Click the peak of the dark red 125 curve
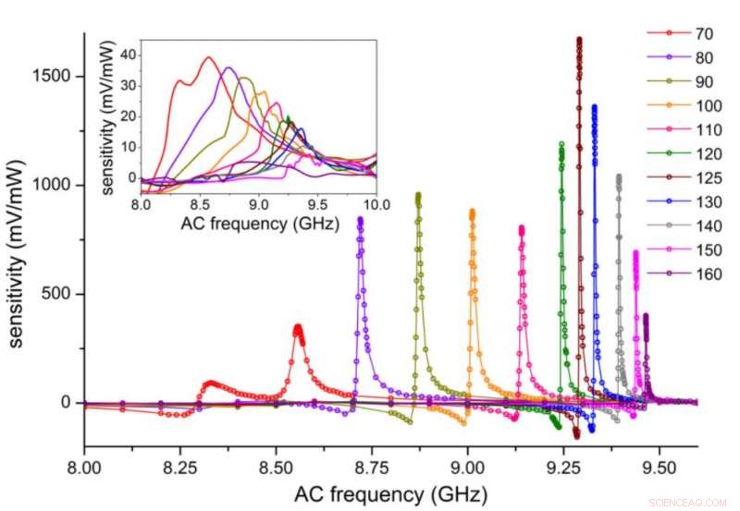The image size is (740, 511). tap(579, 40)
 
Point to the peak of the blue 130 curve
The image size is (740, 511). tap(594, 107)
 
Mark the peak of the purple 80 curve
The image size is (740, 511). tap(360, 219)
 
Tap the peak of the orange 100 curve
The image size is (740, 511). tap(473, 212)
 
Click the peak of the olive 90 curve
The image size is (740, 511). tap(418, 195)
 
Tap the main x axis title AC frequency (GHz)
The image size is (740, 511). tap(389, 493)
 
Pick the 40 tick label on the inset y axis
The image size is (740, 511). tap(125, 55)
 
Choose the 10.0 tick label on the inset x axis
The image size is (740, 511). tap(376, 203)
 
